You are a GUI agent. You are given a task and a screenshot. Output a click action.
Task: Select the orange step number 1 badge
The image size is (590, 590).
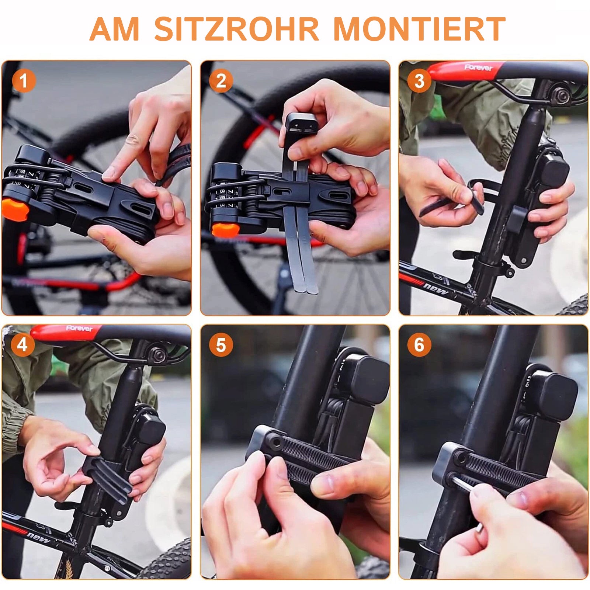24,81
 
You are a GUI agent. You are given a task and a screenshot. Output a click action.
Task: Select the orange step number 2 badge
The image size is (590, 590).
221,81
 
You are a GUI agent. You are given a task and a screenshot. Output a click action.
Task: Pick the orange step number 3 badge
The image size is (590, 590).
419,81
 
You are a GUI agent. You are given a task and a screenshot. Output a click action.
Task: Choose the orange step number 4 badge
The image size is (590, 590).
22,345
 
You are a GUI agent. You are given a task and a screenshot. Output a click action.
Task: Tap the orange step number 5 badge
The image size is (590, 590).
221,345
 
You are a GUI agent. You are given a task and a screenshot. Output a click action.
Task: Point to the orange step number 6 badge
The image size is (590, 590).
419,345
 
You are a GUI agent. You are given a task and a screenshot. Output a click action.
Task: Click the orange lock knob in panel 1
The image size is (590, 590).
15,209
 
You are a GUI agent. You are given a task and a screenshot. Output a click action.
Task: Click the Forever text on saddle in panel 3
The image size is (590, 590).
478,67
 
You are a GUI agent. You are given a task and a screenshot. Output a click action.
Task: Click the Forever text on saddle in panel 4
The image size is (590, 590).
80,328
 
